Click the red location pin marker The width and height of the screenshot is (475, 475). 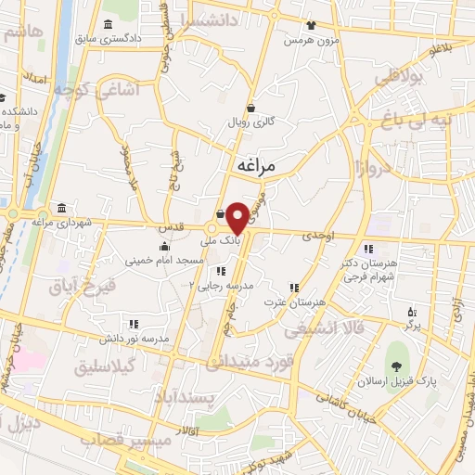click(237, 218)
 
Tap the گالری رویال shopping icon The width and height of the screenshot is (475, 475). click(250, 108)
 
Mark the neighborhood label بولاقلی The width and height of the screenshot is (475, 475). click(398, 79)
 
